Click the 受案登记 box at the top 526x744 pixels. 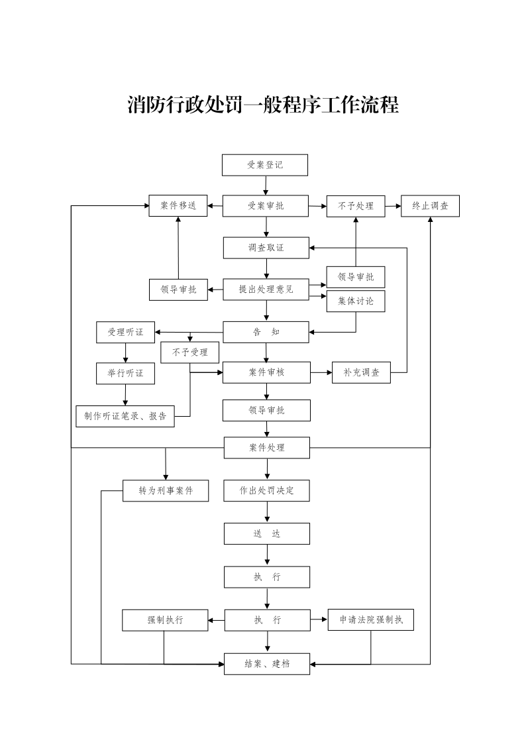click(265, 165)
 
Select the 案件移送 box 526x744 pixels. click(178, 205)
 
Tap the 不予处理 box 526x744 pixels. click(356, 206)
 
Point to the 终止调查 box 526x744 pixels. click(430, 206)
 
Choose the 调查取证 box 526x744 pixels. click(266, 248)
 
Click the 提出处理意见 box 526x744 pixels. click(266, 290)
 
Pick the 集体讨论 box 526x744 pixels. click(356, 301)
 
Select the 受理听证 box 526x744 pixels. click(125, 332)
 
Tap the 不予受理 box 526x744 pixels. click(190, 352)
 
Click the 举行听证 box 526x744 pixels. click(125, 373)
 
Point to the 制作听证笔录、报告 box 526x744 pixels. click(125, 416)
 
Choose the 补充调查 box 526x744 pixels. click(362, 372)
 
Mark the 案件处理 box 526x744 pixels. click(267, 448)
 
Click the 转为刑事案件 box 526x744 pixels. click(166, 491)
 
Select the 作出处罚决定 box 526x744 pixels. click(267, 491)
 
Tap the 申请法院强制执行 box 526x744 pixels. click(371, 620)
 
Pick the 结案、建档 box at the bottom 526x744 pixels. click(267, 663)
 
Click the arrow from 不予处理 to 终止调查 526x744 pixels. click(393, 206)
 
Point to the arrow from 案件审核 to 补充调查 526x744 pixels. click(321, 372)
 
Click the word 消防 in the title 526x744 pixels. click(146, 105)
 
